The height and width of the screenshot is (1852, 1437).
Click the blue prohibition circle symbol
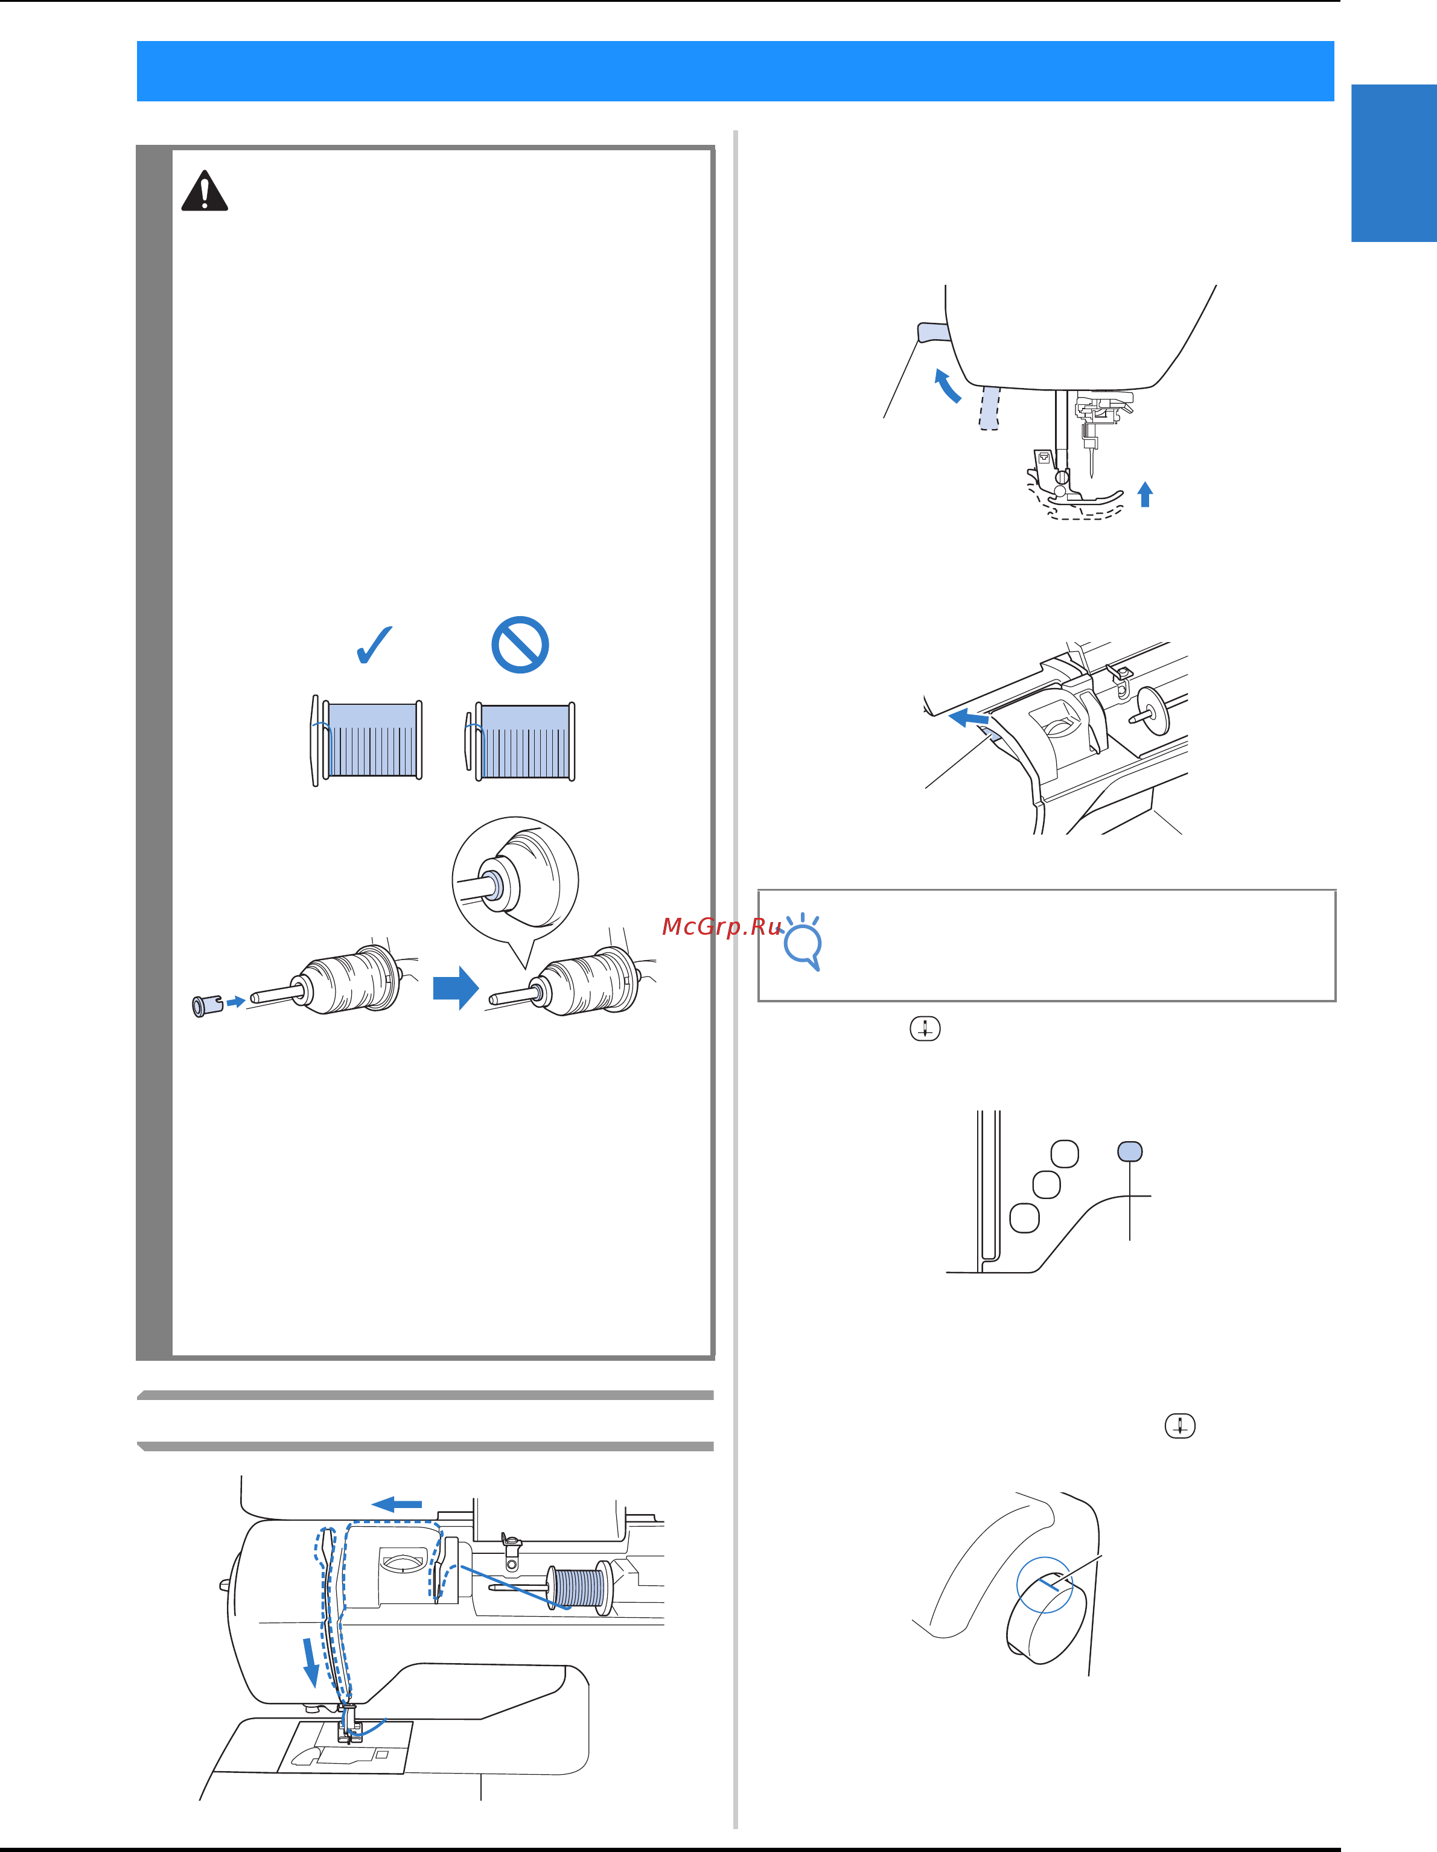[520, 644]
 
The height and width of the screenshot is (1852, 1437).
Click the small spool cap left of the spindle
[207, 1005]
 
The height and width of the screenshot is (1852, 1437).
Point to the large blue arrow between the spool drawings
[456, 988]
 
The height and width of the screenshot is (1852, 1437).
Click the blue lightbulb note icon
[801, 941]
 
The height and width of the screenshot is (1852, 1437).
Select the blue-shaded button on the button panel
[1130, 1151]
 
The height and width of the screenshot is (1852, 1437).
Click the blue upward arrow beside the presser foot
[1145, 494]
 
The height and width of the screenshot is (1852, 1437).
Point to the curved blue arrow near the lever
[947, 385]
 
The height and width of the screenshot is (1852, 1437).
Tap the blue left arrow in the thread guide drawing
[968, 718]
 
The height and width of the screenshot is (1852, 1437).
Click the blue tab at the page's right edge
[1394, 163]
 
